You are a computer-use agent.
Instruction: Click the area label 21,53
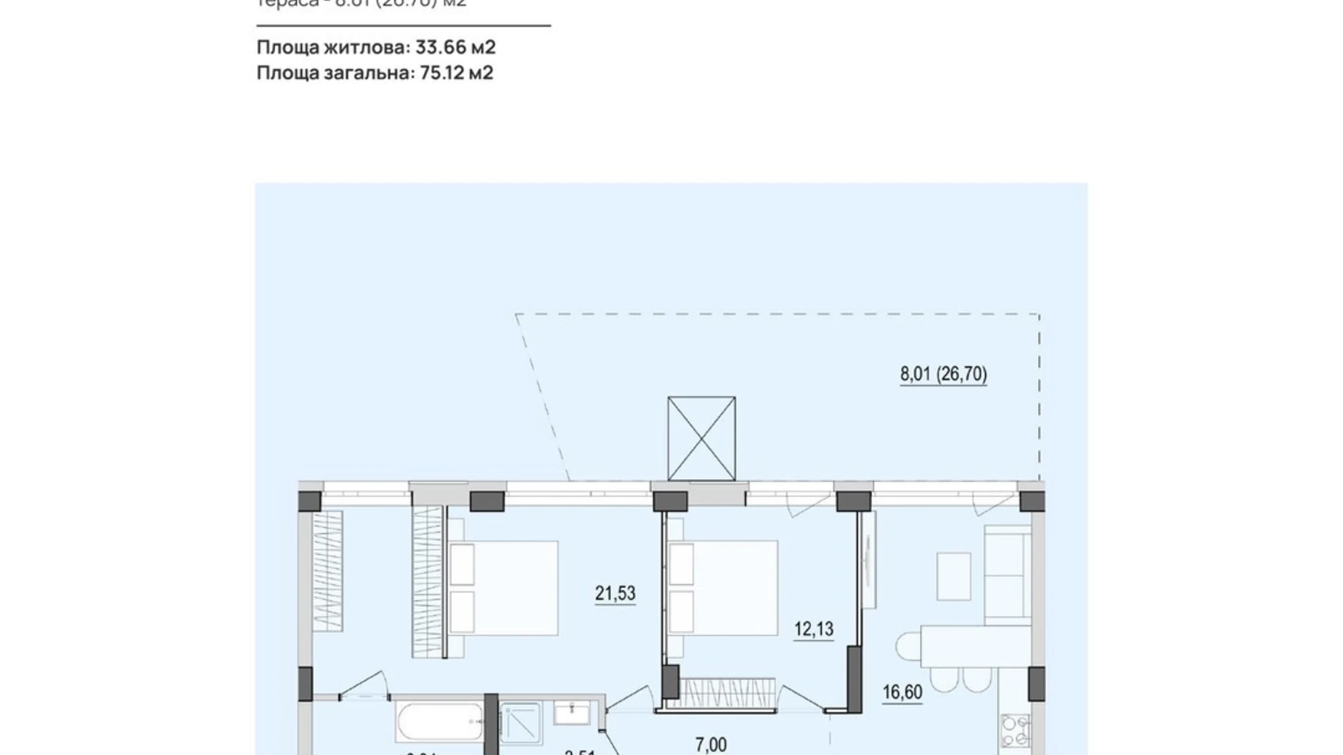coord(615,593)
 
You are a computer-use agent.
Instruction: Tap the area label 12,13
coord(813,629)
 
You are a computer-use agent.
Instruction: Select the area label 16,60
coord(902,692)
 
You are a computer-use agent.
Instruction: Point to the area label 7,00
coord(711,744)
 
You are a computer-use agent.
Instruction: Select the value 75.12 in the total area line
coord(444,73)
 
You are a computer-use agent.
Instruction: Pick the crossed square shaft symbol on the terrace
coord(701,438)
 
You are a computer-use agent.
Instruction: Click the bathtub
coord(439,722)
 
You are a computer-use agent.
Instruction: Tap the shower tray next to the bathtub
coord(520,722)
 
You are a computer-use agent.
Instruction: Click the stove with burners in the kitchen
coord(1015,730)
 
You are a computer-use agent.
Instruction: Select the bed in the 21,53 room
coord(503,587)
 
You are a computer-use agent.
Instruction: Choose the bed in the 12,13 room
coord(723,587)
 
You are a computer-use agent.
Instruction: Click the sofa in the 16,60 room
coord(1007,574)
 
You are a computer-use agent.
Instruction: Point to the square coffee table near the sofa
coord(953,576)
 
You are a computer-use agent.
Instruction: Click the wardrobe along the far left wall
coord(327,571)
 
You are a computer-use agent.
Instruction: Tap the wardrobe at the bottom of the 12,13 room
coord(721,693)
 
